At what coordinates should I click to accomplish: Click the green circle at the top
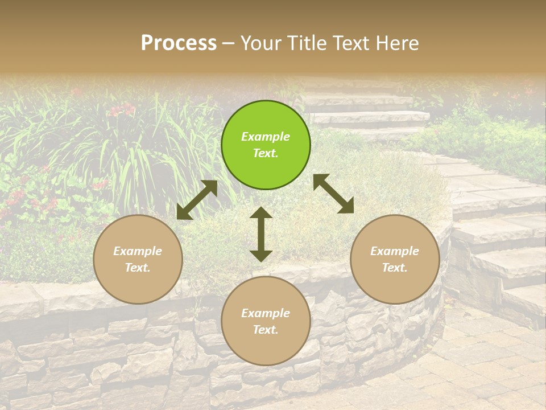click(x=266, y=145)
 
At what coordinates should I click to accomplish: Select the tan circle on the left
click(x=138, y=260)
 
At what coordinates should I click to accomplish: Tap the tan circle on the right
click(x=395, y=260)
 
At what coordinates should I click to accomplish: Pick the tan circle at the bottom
click(x=266, y=321)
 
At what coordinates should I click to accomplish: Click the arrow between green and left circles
click(x=197, y=200)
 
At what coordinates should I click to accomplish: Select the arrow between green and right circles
click(x=334, y=194)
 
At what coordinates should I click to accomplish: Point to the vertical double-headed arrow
click(x=261, y=234)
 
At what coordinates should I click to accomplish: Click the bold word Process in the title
click(x=179, y=43)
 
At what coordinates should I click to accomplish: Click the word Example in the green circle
click(x=266, y=137)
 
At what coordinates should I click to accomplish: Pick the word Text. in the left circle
click(x=138, y=268)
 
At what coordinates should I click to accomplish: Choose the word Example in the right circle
click(x=395, y=251)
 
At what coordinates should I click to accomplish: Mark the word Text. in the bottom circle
click(x=266, y=330)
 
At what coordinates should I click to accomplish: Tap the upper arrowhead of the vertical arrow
click(x=261, y=212)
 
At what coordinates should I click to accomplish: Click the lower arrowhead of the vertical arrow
click(x=261, y=256)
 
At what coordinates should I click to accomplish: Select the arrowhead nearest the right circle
click(x=347, y=207)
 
